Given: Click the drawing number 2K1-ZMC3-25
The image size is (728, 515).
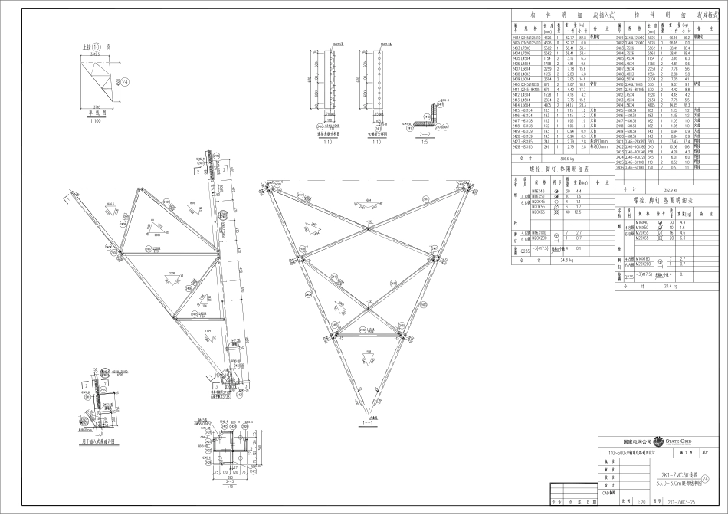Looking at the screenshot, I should pos(682,501).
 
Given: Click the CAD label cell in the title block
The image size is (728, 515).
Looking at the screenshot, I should pos(610,494).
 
